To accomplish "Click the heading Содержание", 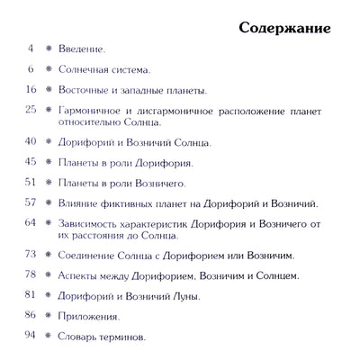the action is tap(285, 25).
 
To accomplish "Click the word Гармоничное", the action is tap(92, 111).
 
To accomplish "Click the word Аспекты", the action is tap(79, 275).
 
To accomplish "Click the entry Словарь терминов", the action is tap(102, 337).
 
